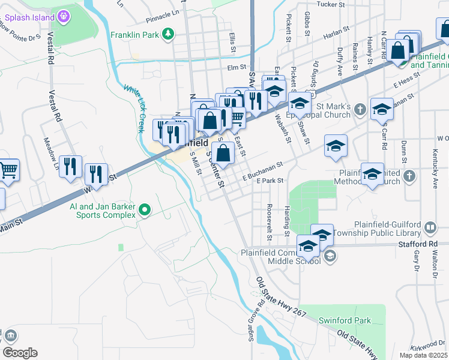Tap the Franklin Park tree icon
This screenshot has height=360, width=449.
[x=170, y=34]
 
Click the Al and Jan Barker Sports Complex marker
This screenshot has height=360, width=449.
[x=144, y=210]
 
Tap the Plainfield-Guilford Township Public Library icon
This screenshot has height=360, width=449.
[x=430, y=227]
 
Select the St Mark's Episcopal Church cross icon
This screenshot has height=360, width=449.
[x=360, y=109]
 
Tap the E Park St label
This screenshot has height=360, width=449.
[x=269, y=180]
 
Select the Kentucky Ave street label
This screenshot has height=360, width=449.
[x=435, y=174]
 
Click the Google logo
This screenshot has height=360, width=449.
[x=19, y=353]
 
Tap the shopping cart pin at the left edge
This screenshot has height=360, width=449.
[x=8, y=170]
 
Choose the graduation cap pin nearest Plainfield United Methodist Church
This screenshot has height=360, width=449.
[x=372, y=174]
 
